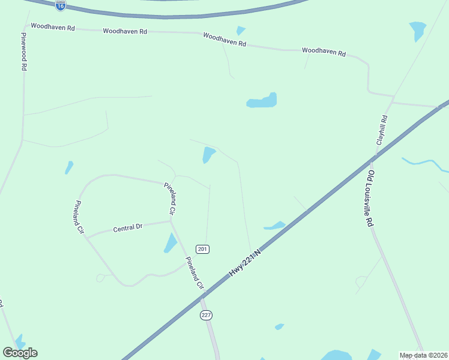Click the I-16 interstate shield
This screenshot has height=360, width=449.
tap(60, 5)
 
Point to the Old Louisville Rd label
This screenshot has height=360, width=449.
tap(371, 198)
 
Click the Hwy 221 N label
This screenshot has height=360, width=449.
tap(246, 263)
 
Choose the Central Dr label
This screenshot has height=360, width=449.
tap(128, 227)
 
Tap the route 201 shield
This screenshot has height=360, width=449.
tap(203, 249)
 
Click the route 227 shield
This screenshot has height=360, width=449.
tap(206, 315)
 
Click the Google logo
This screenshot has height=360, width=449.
tap(20, 353)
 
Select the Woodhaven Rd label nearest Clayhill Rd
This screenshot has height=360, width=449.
tap(324, 52)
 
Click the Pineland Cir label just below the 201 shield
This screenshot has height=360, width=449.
tap(195, 274)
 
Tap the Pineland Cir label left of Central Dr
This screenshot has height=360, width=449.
tap(79, 218)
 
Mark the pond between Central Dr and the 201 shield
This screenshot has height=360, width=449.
tap(170, 243)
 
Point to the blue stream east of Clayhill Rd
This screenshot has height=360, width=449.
tap(426, 163)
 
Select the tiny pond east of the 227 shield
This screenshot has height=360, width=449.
tap(279, 326)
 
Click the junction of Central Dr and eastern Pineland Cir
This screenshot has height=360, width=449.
tap(171, 220)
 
